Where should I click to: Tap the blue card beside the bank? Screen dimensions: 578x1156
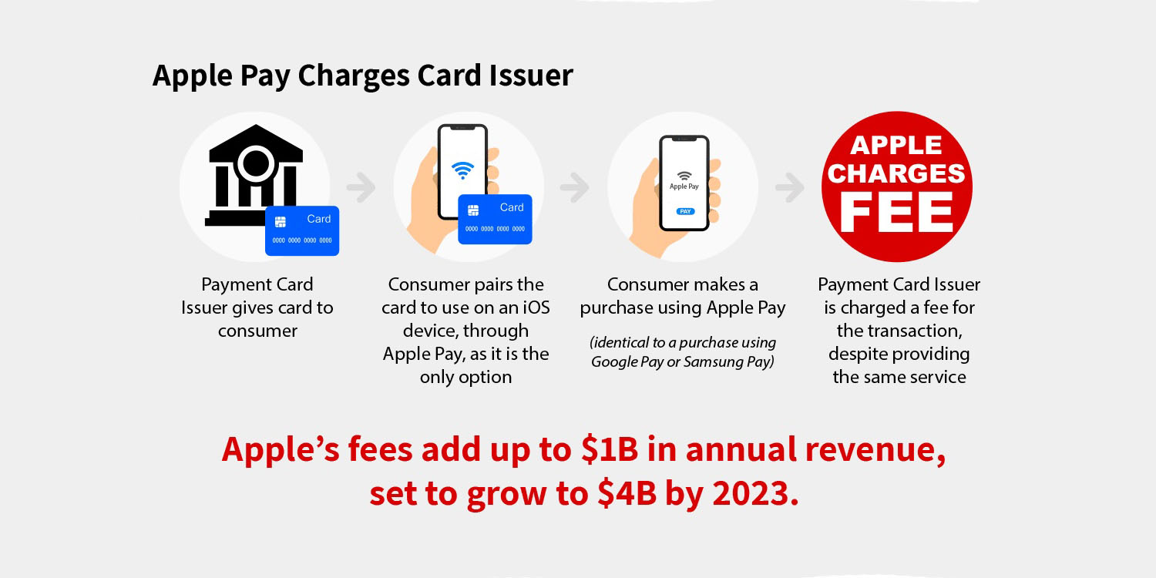(302, 230)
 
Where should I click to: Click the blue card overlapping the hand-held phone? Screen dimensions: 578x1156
(495, 219)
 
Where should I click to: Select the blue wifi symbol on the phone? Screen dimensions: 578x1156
(462, 170)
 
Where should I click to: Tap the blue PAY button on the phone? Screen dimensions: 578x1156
(684, 210)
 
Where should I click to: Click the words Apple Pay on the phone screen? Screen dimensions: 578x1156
(684, 187)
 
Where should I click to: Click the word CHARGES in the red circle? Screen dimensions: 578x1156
(896, 173)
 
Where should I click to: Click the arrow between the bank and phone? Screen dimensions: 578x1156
(361, 187)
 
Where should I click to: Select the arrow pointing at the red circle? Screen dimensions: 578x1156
(789, 187)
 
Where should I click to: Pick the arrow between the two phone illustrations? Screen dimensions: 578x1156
(575, 187)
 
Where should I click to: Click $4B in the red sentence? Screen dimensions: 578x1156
(627, 493)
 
